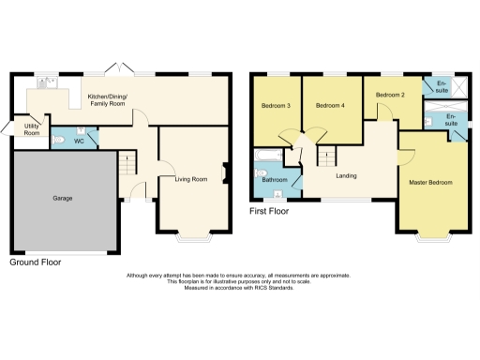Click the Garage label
coord(63,198)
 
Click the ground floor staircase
coord(127,168)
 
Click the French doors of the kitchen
coord(119,70)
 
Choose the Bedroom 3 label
coord(275,106)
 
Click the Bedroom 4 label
coord(330,106)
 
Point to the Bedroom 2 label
coord(390,95)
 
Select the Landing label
coord(347,174)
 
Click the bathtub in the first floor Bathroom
coord(263,157)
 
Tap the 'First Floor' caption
coord(269,212)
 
